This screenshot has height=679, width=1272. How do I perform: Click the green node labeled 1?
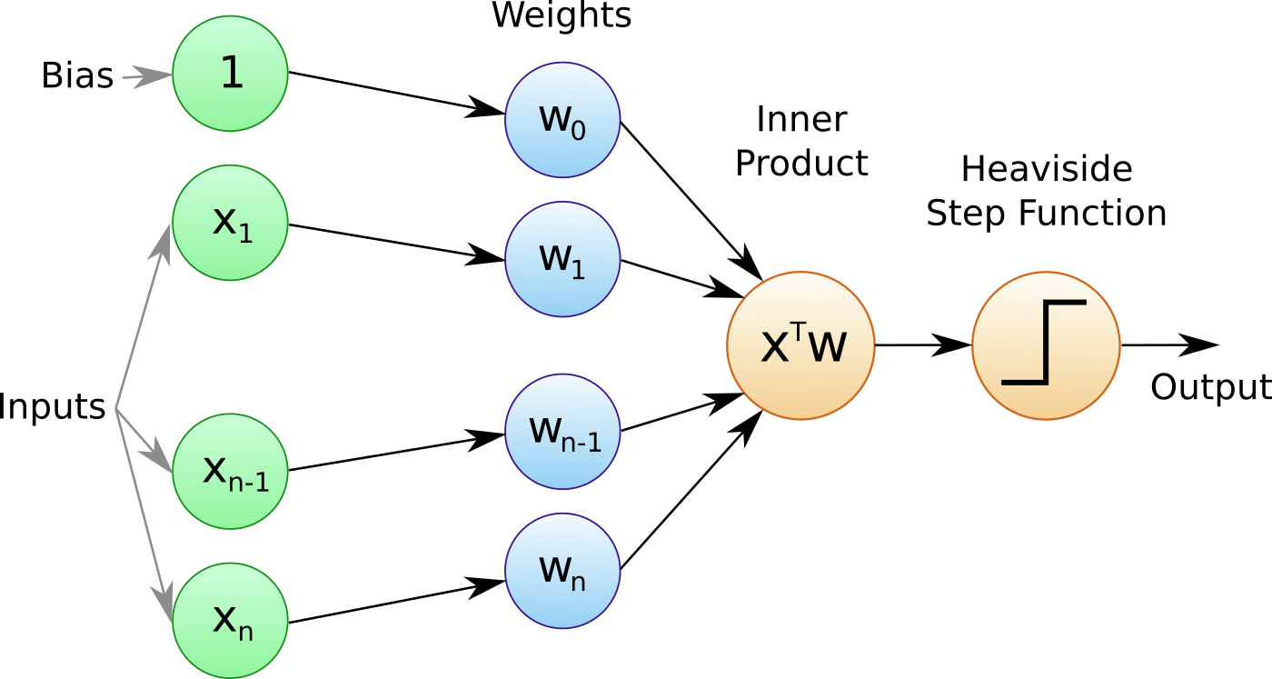[230, 74]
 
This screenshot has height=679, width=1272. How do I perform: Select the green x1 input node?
[230, 223]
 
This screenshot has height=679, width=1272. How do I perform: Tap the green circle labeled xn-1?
[230, 471]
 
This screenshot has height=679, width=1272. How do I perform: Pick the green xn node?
[230, 620]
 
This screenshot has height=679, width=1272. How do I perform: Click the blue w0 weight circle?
[562, 120]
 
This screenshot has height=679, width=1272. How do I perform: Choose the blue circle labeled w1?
[562, 259]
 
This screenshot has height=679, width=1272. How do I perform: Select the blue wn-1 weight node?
[562, 431]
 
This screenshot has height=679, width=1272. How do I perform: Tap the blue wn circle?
[562, 571]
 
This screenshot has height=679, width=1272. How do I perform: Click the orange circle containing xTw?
[800, 345]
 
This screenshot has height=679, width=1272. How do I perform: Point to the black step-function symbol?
[1045, 343]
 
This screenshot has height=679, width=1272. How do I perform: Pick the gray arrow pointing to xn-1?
[145, 443]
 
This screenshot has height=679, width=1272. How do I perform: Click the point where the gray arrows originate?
[115, 410]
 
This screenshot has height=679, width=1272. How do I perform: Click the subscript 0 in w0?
[577, 131]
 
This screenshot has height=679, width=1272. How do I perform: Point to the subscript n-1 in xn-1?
[248, 482]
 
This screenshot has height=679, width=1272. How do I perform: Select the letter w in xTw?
[827, 347]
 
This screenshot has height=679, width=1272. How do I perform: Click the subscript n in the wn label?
[578, 582]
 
